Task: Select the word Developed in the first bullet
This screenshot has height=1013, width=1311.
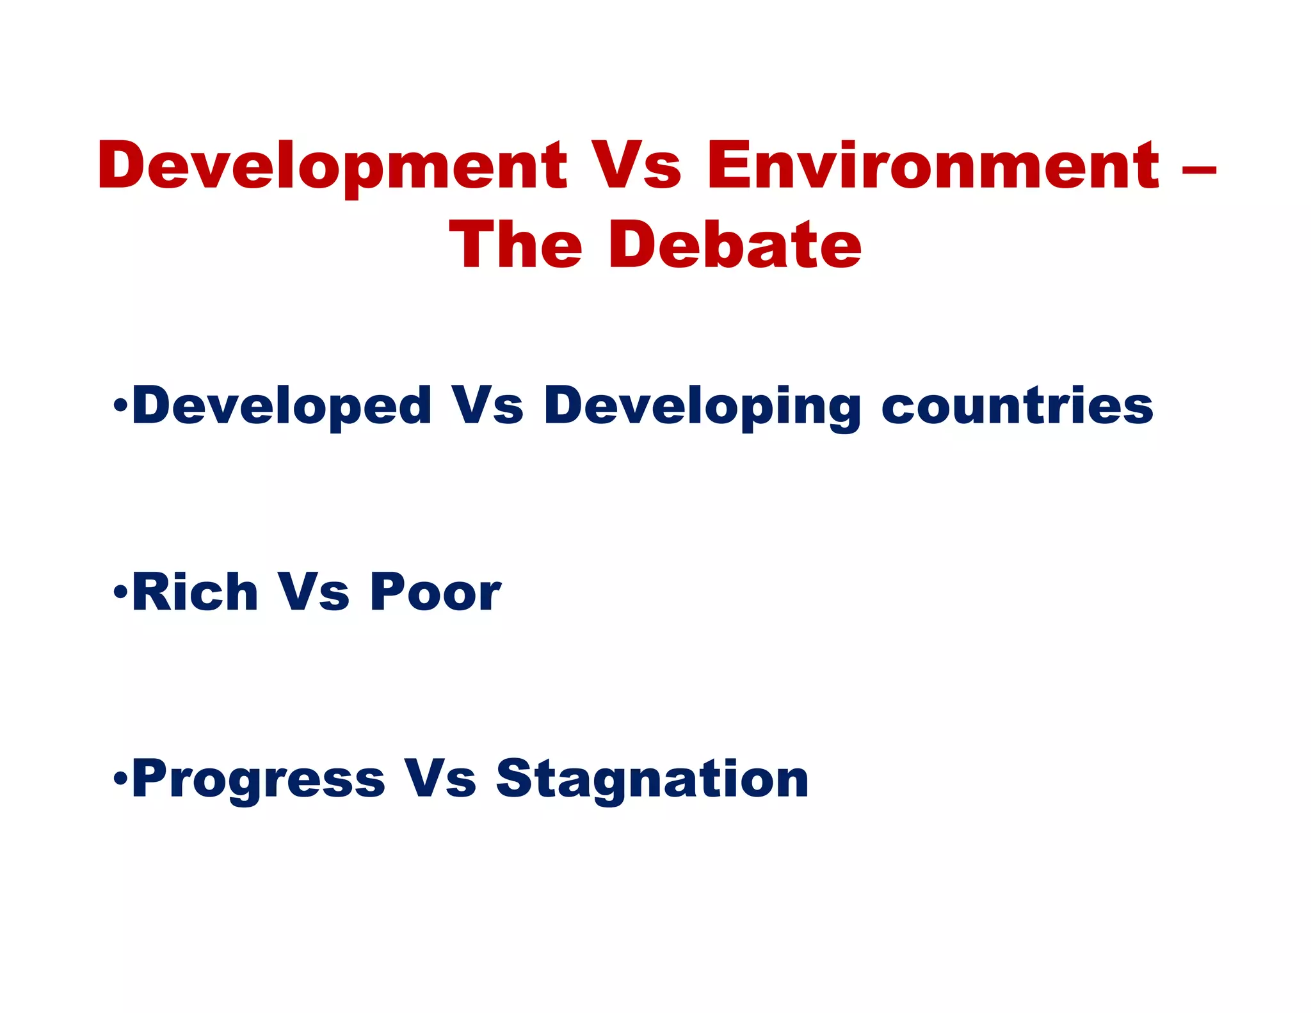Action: [282, 406]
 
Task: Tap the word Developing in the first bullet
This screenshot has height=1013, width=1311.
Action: [702, 407]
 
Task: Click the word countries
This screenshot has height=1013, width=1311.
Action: [1017, 406]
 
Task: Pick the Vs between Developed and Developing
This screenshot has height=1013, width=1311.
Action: [487, 406]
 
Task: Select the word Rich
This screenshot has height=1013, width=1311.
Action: [195, 592]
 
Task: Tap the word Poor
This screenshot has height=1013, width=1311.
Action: [435, 592]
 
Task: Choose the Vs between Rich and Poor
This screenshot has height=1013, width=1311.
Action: [313, 592]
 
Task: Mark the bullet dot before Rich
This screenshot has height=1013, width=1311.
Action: [120, 592]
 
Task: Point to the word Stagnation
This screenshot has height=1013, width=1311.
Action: [652, 779]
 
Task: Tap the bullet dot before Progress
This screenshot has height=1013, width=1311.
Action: [120, 779]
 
